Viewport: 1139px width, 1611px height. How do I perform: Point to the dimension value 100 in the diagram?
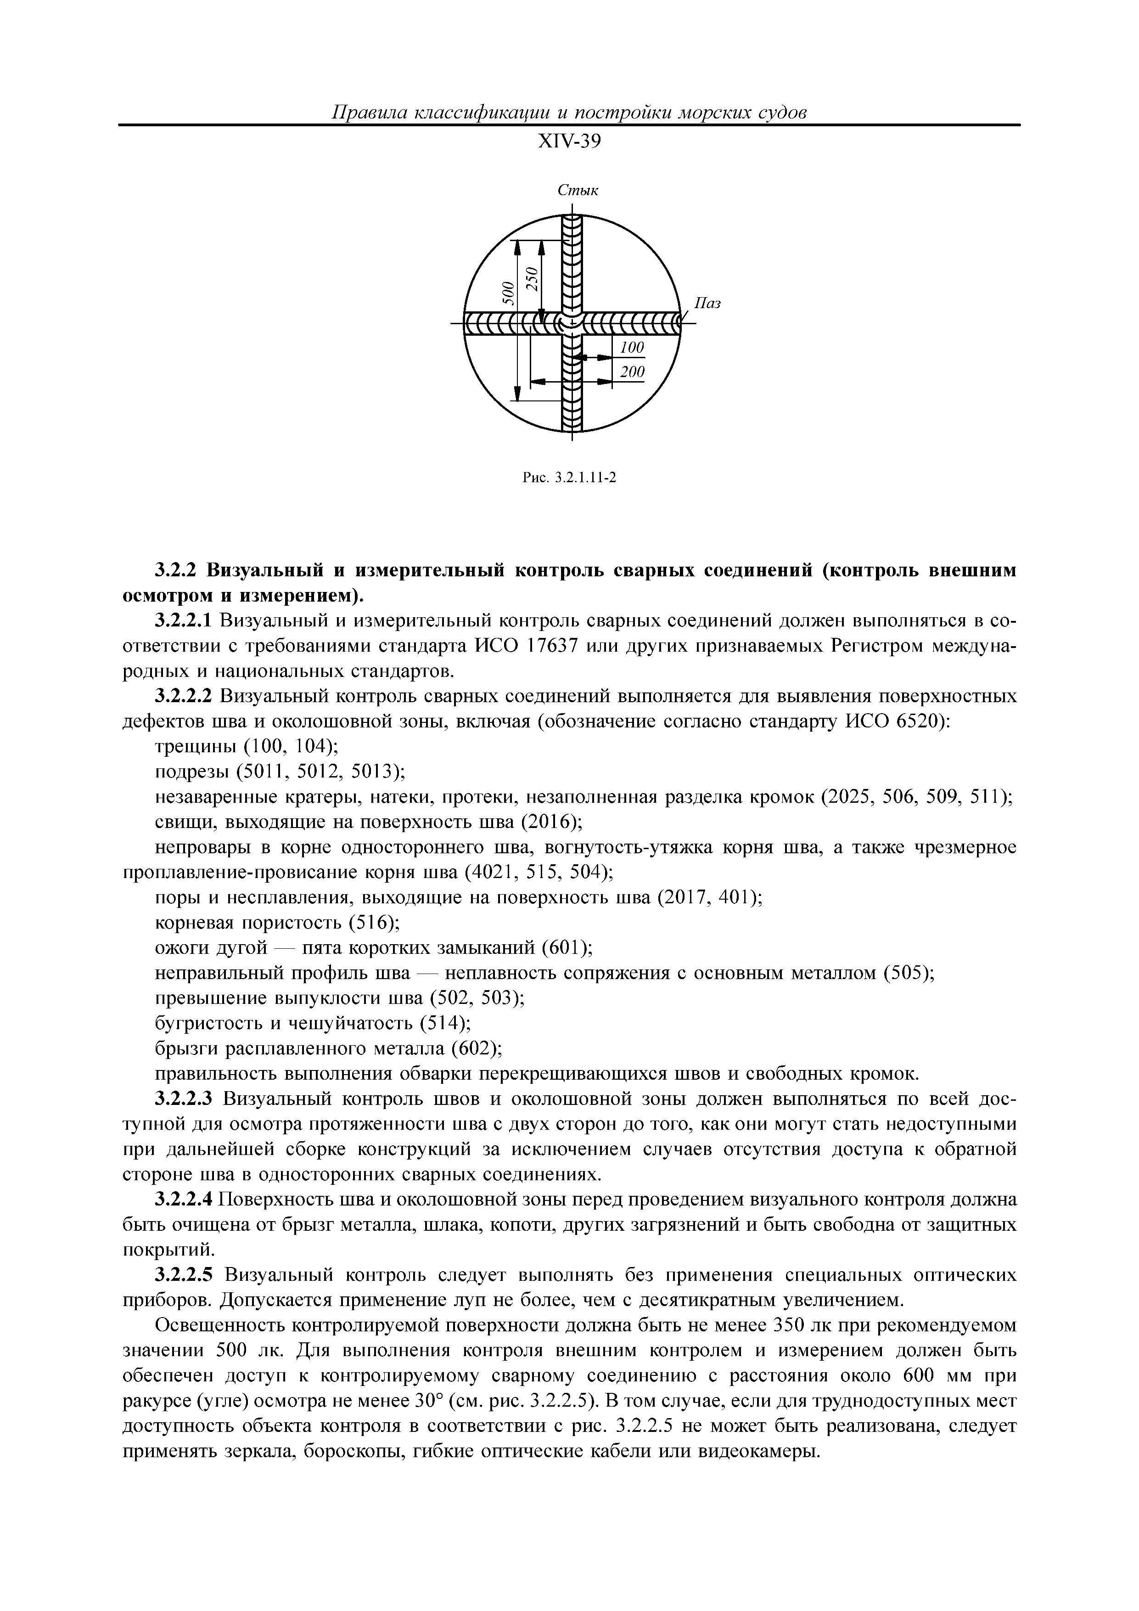pos(632,347)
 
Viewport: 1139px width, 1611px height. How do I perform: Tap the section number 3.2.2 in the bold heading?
pos(178,570)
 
